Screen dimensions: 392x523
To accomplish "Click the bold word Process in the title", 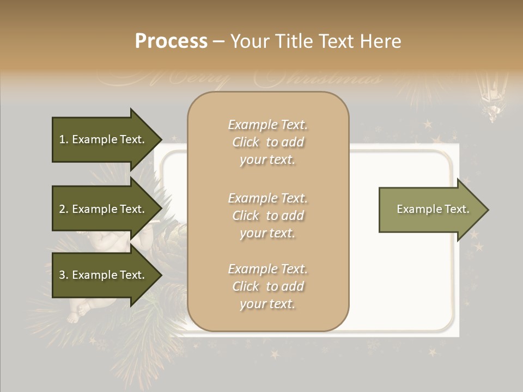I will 171,41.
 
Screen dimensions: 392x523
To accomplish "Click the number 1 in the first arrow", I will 62,139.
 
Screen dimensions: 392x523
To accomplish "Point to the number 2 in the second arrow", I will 62,209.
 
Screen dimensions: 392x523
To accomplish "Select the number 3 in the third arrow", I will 62,275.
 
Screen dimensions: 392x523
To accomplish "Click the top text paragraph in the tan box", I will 267,142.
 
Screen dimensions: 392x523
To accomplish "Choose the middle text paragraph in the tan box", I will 267,216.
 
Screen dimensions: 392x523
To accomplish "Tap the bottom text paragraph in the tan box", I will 267,286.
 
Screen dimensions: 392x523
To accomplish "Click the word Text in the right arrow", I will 457,209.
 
